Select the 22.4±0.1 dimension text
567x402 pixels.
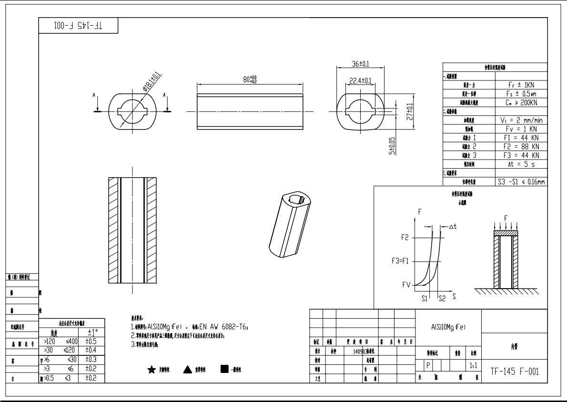[x=361, y=81]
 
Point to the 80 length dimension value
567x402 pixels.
[x=250, y=79]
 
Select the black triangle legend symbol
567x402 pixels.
[x=187, y=370]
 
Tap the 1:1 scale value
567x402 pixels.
[x=473, y=367]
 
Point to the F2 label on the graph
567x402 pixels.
[x=405, y=237]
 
